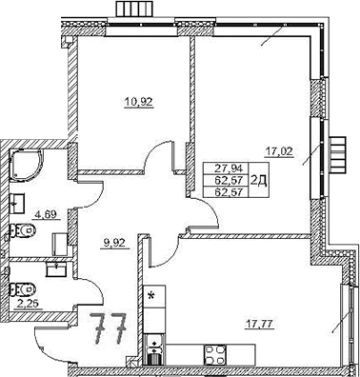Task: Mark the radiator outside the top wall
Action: pyautogui.click(x=132, y=10)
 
